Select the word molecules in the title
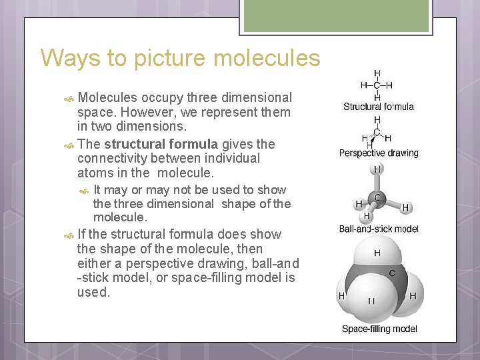tap(267, 58)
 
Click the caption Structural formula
tap(378, 107)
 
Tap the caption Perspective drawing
tap(379, 153)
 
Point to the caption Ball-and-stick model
tap(379, 229)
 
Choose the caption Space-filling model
tap(379, 329)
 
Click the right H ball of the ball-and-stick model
tap(405, 208)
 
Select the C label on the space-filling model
tap(391, 273)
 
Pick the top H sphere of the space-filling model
tap(377, 254)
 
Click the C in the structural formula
tap(377, 85)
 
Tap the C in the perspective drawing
tap(377, 132)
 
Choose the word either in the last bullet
tap(95, 263)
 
